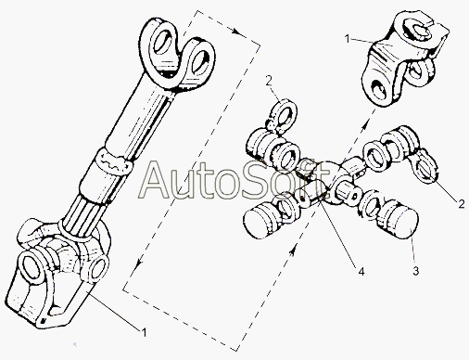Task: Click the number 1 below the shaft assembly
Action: click(x=144, y=333)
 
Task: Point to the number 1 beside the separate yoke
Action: click(x=348, y=39)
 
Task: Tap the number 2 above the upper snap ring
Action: click(x=269, y=81)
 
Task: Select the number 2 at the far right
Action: click(x=462, y=204)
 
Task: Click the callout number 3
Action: click(x=416, y=271)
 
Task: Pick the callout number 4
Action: click(x=361, y=271)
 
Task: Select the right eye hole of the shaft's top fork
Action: click(x=199, y=60)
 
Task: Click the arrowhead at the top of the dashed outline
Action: click(x=236, y=32)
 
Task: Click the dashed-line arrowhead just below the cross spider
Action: click(x=291, y=250)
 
